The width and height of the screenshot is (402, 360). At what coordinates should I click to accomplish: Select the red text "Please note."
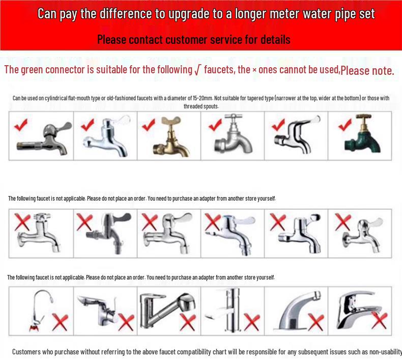367,71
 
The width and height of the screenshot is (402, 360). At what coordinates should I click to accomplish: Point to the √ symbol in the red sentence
197,71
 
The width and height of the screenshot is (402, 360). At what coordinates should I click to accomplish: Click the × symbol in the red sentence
254,70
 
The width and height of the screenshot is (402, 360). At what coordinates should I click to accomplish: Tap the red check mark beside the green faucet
346,124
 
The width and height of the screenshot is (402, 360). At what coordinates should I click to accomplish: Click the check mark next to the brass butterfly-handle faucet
149,124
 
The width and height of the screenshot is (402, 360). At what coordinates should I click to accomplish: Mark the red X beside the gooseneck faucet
61,322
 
